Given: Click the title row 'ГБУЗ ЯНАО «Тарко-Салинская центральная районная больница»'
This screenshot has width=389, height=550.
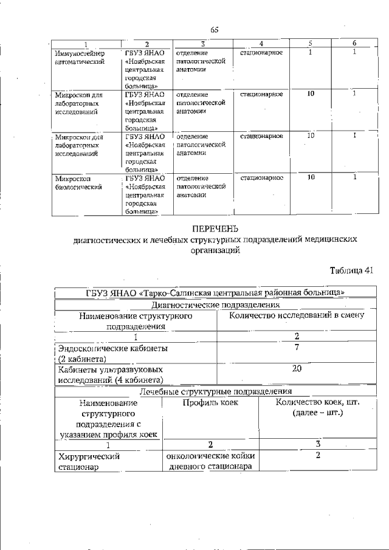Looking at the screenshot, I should tap(215, 292).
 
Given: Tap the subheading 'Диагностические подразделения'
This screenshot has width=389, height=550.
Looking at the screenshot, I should tap(215, 304).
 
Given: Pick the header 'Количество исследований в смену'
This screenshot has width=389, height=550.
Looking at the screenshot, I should tap(297, 315).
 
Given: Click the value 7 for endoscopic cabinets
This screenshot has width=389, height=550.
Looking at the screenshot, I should tap(297, 347).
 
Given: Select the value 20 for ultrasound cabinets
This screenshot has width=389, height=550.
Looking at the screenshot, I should tap(297, 368).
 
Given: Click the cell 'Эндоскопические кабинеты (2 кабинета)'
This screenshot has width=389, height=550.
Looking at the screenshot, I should tap(112, 353).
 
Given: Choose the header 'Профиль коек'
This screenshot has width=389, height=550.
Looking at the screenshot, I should tap(210, 402).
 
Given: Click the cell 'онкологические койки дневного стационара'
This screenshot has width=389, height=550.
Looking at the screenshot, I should tap(210, 461).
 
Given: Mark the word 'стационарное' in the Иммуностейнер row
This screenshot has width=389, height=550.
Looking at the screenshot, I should tap(261, 53).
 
